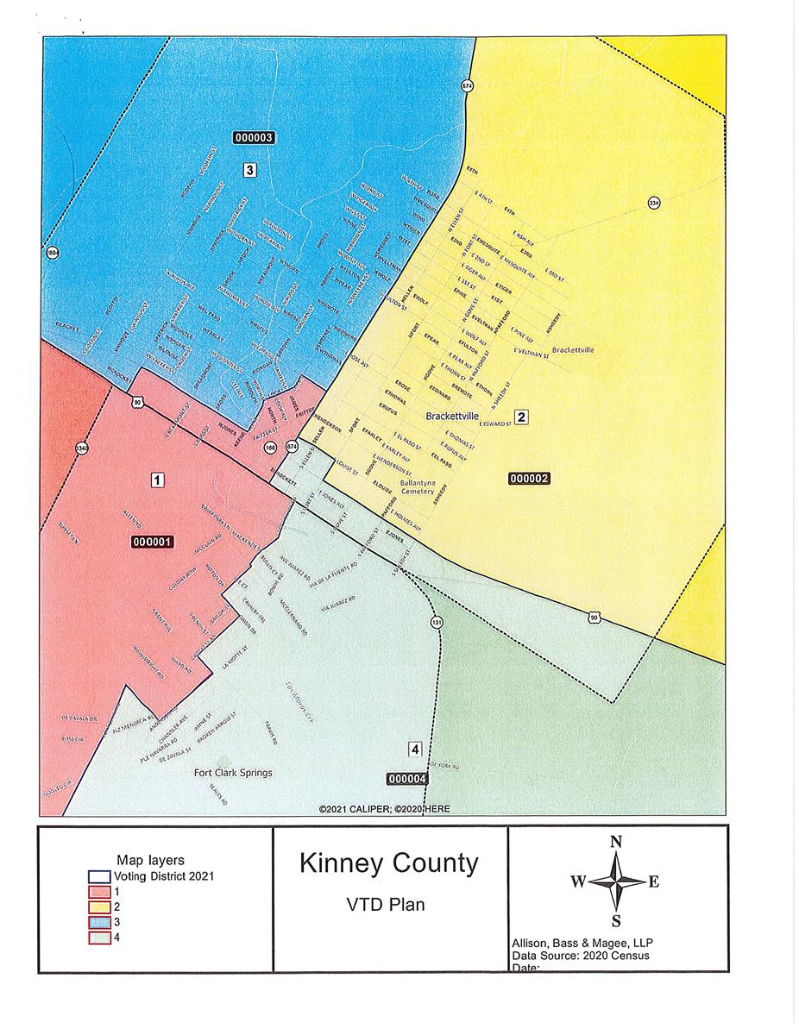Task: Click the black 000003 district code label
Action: [254, 137]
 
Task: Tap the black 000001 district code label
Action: [153, 542]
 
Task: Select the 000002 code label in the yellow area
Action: [529, 478]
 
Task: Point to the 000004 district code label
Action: [408, 779]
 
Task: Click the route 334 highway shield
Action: [653, 203]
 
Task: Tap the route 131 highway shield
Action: [437, 622]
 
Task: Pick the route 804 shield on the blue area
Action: [51, 254]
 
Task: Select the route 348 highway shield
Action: [81, 448]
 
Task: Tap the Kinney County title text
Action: [388, 863]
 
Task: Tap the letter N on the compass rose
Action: [615, 843]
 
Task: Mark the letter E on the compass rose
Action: [653, 881]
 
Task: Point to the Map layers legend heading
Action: [150, 861]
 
